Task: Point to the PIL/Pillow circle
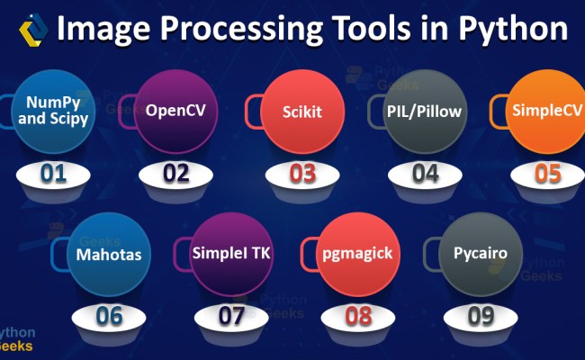coord(412,114)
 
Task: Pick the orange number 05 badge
coord(547,172)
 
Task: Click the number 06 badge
coord(110,317)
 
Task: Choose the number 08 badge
coord(358,317)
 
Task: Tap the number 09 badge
coord(481,317)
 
